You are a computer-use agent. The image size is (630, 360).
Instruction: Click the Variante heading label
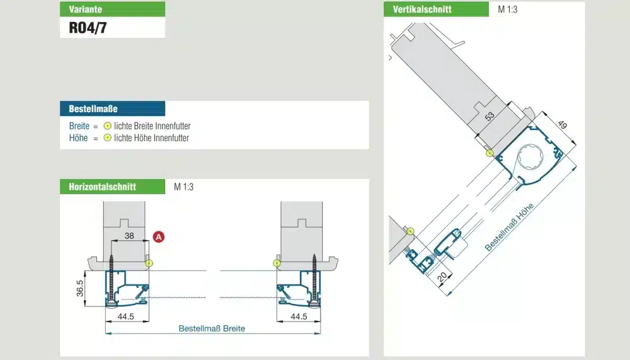tap(85, 9)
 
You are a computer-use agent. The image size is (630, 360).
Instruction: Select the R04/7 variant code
tap(88, 28)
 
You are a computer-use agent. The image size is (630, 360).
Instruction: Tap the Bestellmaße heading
tap(93, 108)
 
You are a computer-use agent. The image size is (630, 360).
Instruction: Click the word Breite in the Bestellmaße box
tap(79, 126)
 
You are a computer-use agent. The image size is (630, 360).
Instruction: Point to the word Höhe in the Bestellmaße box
tap(78, 138)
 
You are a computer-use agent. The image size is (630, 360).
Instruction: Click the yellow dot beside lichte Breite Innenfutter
tap(107, 126)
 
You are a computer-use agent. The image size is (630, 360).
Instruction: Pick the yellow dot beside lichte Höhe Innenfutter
tap(107, 137)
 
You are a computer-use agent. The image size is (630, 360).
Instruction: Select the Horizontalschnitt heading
tap(103, 187)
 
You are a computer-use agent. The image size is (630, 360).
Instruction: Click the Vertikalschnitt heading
tap(422, 9)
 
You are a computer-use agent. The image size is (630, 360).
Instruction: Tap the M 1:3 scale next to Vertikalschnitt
tap(507, 9)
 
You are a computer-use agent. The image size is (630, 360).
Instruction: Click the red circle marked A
tap(159, 237)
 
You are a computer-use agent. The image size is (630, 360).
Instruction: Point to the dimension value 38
tap(129, 236)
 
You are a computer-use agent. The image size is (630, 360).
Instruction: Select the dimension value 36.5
tap(80, 288)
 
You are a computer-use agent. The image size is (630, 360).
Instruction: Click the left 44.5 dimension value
tap(126, 316)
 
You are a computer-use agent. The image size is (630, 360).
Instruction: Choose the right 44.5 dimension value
tap(299, 316)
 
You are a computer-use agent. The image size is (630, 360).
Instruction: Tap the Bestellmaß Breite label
tap(212, 328)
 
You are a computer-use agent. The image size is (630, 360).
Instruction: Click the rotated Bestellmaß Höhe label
tap(509, 227)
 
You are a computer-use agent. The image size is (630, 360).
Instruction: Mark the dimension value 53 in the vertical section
tap(490, 117)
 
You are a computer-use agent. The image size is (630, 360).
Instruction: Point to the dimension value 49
tap(563, 125)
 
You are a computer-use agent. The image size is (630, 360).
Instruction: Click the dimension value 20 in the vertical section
tap(442, 277)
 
